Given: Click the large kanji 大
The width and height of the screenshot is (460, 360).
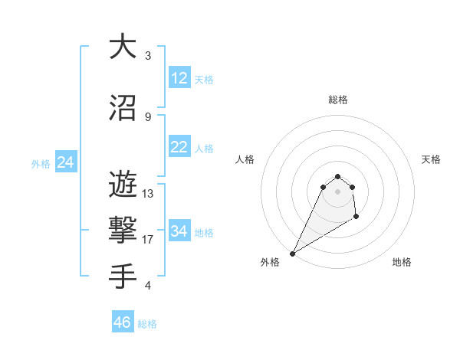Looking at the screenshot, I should [123, 47].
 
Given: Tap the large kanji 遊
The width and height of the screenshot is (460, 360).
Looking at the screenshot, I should [123, 185].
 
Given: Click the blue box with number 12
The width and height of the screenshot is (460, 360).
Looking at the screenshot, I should [179, 78].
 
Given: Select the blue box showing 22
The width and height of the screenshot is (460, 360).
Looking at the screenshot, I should [179, 147].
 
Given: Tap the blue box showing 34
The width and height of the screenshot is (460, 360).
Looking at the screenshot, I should [179, 231].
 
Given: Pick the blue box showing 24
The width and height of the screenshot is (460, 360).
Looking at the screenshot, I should [65, 162].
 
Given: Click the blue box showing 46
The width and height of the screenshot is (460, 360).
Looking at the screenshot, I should [122, 322].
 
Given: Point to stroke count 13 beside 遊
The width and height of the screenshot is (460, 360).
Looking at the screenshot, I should [148, 194].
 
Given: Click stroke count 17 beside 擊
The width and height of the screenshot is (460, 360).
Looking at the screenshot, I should [148, 240].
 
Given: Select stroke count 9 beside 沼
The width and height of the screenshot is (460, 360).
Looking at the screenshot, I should [148, 117].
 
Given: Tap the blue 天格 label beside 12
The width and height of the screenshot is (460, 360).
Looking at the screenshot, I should [204, 80].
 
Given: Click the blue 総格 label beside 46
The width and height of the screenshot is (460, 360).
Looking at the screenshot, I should [147, 324].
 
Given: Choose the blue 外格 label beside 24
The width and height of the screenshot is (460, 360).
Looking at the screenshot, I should [41, 164].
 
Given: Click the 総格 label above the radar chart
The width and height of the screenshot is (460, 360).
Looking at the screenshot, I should [337, 100].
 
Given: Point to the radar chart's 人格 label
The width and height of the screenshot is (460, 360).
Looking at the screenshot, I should [245, 159].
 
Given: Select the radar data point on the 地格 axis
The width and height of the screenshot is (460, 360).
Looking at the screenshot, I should [356, 218].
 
